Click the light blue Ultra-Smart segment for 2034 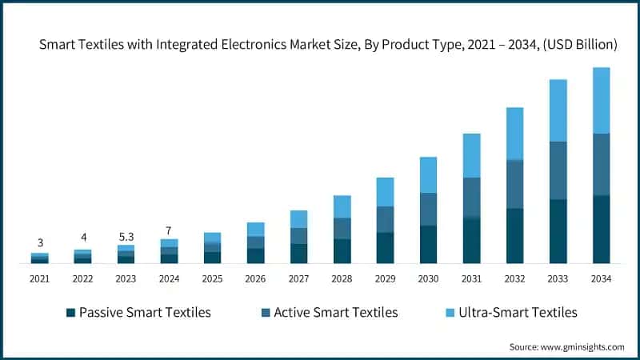[x=601, y=100]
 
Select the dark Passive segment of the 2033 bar [x=558, y=230]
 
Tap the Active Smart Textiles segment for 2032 [x=514, y=184]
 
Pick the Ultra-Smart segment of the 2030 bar [x=428, y=174]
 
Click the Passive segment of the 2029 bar [x=385, y=247]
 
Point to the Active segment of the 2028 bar [x=342, y=228]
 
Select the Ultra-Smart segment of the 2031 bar [x=471, y=155]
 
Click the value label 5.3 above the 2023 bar [x=126, y=236]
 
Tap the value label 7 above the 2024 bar [x=169, y=230]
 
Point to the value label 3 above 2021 [x=39, y=243]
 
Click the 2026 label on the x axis [x=255, y=278]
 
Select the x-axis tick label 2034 [x=601, y=278]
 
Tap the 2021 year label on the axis [x=39, y=278]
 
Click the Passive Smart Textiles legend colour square [x=71, y=312]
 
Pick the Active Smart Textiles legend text [x=335, y=312]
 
